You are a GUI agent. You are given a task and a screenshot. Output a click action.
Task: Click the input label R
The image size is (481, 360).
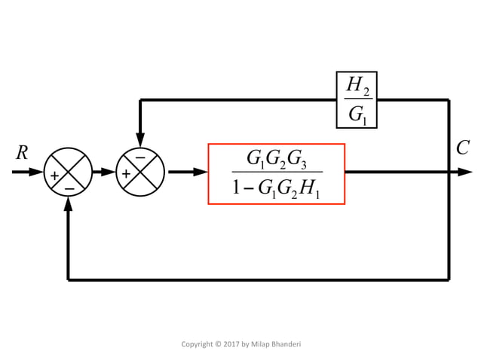click(22, 153)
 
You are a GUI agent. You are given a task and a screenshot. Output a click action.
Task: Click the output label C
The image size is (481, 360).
click(462, 148)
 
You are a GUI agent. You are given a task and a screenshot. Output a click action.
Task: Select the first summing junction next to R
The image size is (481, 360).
click(68, 172)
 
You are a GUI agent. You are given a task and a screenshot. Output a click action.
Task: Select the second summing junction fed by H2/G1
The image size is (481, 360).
click(139, 172)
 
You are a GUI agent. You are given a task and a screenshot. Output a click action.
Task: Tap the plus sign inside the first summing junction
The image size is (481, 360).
click(54, 175)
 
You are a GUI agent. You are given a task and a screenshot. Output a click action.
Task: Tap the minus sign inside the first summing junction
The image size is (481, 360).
click(69, 187)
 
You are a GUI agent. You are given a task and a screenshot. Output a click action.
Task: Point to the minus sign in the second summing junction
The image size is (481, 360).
click(139, 158)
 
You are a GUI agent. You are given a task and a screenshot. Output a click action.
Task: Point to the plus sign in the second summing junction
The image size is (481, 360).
click(126, 175)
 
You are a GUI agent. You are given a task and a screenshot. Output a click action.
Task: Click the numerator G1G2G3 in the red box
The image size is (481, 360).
click(276, 159)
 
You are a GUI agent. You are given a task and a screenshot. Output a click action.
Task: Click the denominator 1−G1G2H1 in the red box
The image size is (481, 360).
click(276, 188)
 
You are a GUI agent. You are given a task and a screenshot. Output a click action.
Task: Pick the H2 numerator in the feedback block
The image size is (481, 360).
click(357, 85)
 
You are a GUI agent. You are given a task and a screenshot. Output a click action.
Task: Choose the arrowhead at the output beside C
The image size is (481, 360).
click(465, 172)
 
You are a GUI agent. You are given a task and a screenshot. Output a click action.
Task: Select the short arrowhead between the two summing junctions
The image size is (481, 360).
click(108, 172)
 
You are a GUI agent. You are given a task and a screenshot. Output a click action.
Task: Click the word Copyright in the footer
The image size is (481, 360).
click(198, 344)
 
